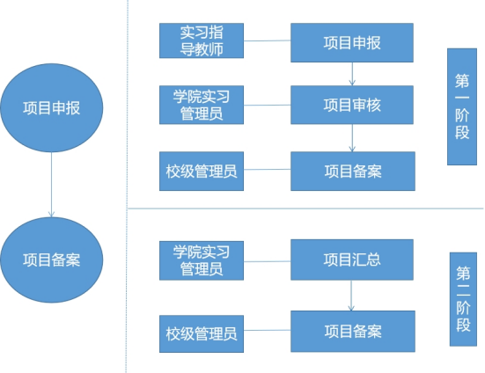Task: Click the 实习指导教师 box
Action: pyautogui.click(x=202, y=40)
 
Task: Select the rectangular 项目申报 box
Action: pyautogui.click(x=352, y=42)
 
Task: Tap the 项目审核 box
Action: pyautogui.click(x=352, y=105)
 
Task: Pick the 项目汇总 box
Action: pyautogui.click(x=352, y=260)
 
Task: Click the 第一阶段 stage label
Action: pyautogui.click(x=462, y=106)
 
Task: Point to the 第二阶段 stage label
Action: pyautogui.click(x=463, y=299)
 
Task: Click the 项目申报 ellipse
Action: pyautogui.click(x=52, y=108)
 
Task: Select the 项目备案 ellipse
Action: pyautogui.click(x=52, y=260)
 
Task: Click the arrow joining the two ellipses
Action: pyautogui.click(x=52, y=185)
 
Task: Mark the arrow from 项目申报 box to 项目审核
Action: pyautogui.click(x=352, y=74)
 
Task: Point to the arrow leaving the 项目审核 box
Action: pyautogui.click(x=352, y=138)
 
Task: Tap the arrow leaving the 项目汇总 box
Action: pyautogui.click(x=351, y=296)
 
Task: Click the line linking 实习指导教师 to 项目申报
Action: pyautogui.click(x=267, y=40)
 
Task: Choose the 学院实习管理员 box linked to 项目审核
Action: pyautogui.click(x=202, y=105)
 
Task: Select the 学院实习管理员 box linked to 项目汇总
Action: pyautogui.click(x=202, y=260)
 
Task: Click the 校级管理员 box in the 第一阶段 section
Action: pyautogui.click(x=202, y=171)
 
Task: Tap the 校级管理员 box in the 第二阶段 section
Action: pyautogui.click(x=202, y=333)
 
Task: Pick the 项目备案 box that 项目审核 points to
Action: pyautogui.click(x=353, y=171)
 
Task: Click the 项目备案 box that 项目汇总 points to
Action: pyautogui.click(x=353, y=332)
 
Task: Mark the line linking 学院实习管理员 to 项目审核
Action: pyautogui.click(x=267, y=105)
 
